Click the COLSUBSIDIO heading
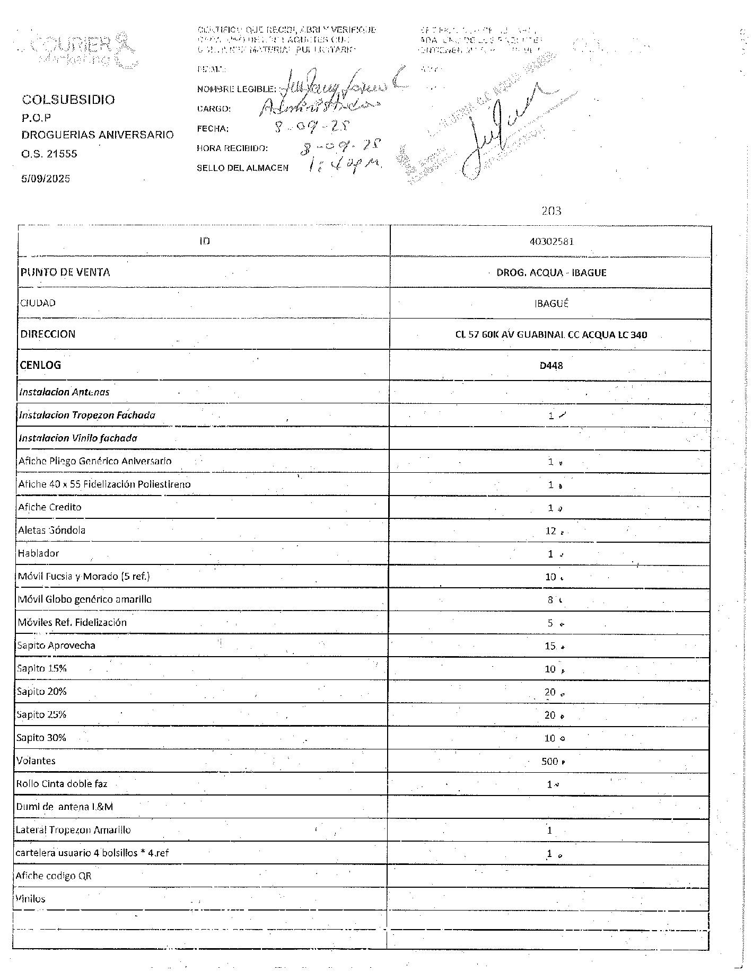(x=68, y=100)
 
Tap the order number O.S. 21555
(x=49, y=154)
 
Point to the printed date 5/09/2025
(x=46, y=179)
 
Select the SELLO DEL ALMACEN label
(x=242, y=168)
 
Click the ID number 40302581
(x=551, y=242)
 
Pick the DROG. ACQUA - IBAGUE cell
(x=551, y=272)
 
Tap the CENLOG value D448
(x=551, y=365)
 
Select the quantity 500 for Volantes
(x=550, y=762)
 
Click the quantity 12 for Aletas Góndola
(x=551, y=531)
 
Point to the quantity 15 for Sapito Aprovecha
(x=550, y=646)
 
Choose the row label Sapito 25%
(x=41, y=714)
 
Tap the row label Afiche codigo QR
(x=54, y=876)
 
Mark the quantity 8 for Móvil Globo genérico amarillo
(x=550, y=600)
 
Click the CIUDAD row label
(x=38, y=303)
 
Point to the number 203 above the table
(x=551, y=211)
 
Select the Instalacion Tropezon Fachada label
(x=87, y=415)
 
